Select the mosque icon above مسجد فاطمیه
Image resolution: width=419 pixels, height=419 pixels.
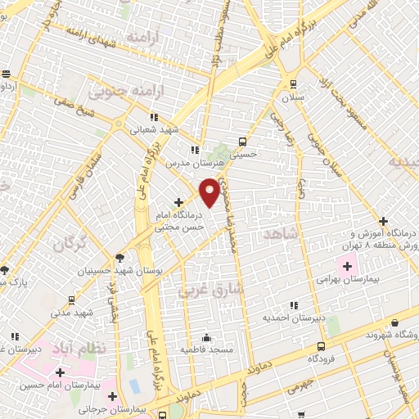(x=205, y=337)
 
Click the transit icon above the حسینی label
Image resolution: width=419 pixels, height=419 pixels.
(x=241, y=141)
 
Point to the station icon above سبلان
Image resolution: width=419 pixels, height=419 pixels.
(x=292, y=84)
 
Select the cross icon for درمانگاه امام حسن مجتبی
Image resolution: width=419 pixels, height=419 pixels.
(x=178, y=201)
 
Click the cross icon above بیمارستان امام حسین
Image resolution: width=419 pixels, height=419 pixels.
(x=59, y=372)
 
